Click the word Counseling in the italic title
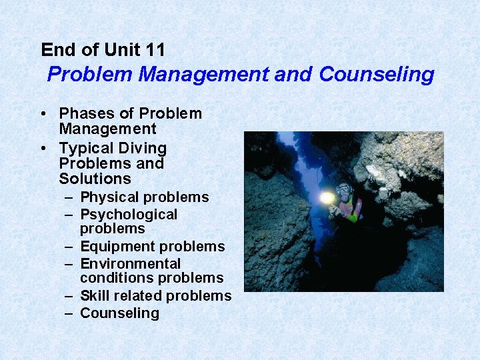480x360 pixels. [x=377, y=74]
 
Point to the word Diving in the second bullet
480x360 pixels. [x=142, y=148]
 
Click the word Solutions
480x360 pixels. [x=95, y=179]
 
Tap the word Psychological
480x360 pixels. [x=129, y=215]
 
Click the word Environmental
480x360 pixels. [x=130, y=264]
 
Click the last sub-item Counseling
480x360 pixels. [x=119, y=313]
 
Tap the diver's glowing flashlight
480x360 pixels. [x=326, y=198]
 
